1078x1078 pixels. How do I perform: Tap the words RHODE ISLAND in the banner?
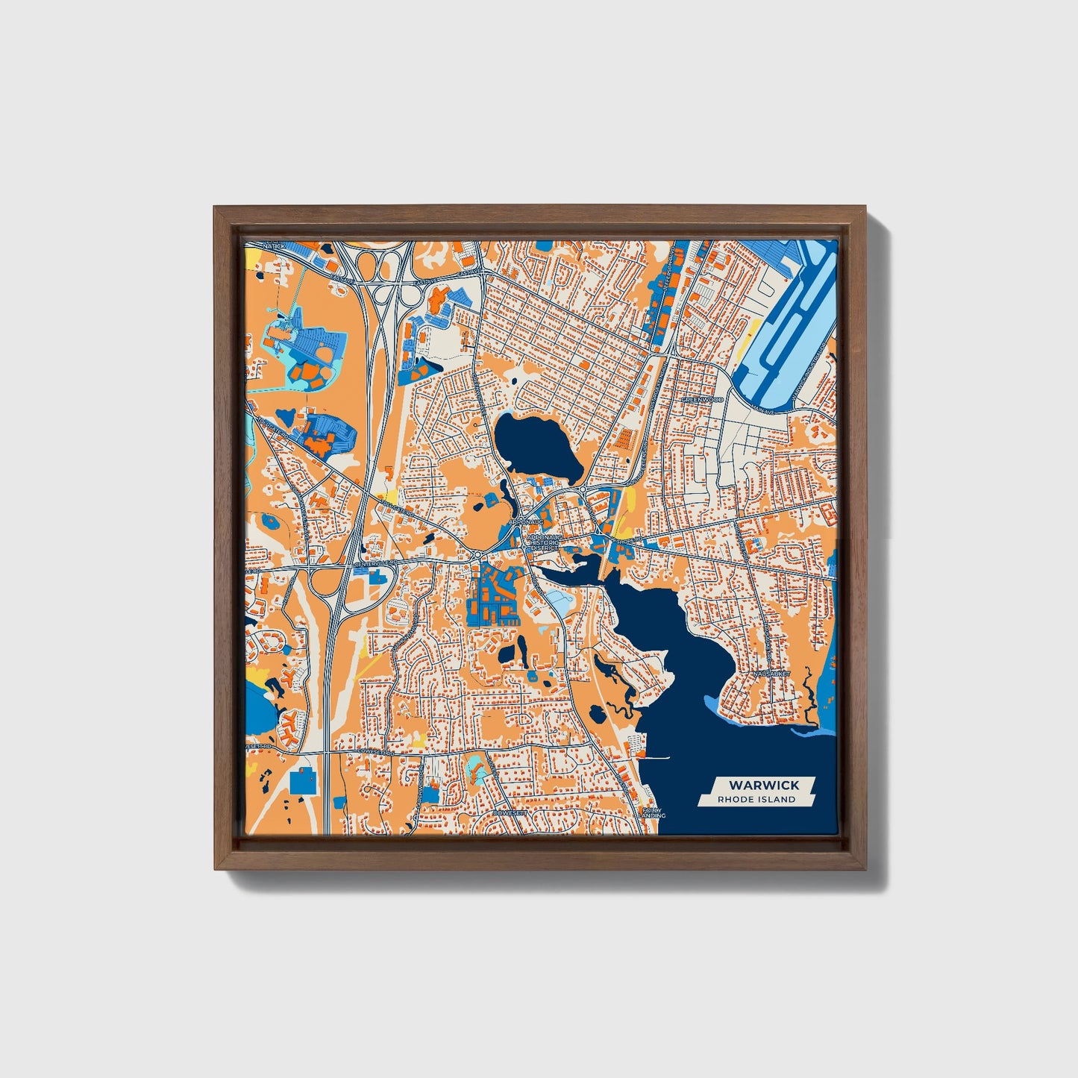(x=756, y=800)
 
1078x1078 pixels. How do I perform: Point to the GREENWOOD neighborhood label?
(x=702, y=400)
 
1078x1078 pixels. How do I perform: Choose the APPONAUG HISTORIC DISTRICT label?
(x=542, y=542)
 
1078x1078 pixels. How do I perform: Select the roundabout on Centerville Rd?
(x=477, y=555)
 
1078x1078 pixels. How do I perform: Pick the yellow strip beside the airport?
(x=752, y=329)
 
